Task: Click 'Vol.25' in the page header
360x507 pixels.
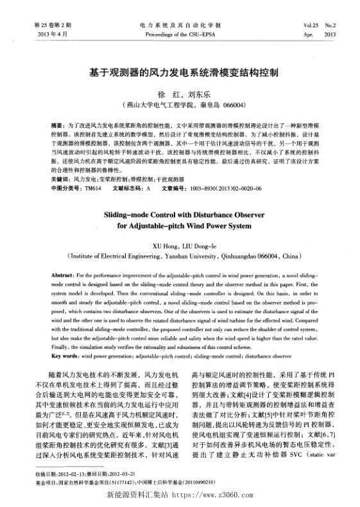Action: coord(313,24)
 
